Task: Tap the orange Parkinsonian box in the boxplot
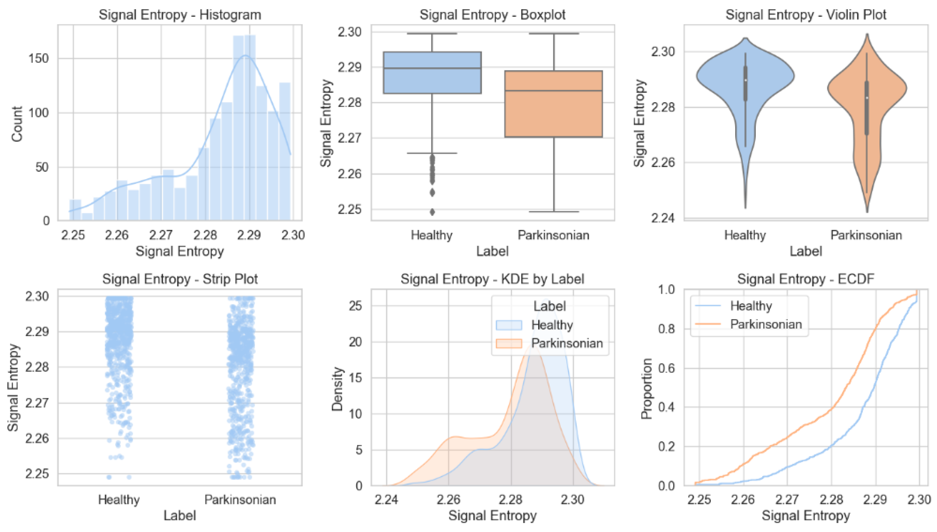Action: point(554,104)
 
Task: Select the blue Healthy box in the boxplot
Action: point(432,73)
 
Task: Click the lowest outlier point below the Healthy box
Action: point(432,211)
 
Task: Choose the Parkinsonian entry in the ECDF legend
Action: point(749,324)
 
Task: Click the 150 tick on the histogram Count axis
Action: point(39,58)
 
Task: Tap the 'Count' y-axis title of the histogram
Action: point(17,124)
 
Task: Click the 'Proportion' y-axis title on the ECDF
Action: point(646,388)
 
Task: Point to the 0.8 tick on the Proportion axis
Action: point(667,329)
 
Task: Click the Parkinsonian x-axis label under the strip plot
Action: point(240,499)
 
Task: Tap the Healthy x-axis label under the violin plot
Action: point(745,235)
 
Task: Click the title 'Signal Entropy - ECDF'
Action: point(806,279)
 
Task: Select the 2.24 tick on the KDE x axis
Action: point(386,499)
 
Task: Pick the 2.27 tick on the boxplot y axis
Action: point(350,138)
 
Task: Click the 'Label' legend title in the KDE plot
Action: point(550,306)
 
